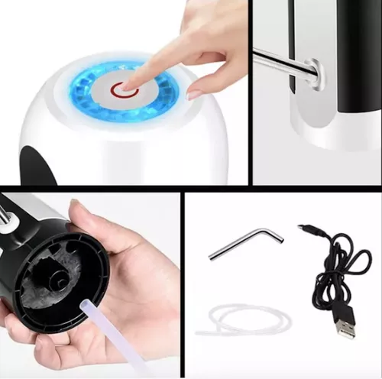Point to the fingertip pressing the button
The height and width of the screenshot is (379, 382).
pos(131,81)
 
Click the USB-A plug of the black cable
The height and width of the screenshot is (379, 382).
pos(345,326)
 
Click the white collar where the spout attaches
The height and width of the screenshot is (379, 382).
pos(313,74)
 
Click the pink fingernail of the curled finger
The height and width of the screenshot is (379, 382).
pos(195,94)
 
